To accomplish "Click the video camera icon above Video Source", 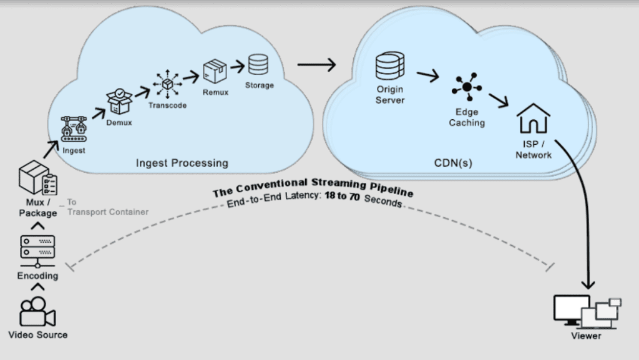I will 37,311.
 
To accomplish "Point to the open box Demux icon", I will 119,100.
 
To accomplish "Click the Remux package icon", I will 215,72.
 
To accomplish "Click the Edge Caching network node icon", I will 466,89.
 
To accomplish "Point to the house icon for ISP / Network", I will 534,119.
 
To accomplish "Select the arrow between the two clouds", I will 316,64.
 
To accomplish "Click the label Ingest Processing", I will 182,163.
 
